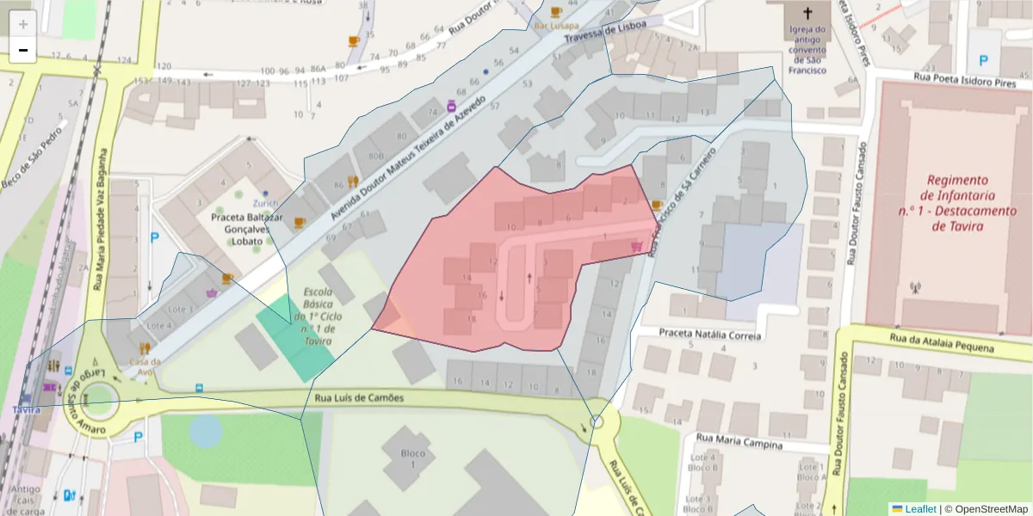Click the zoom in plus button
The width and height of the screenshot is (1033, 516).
[23, 25]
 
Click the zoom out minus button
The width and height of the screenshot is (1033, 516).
[23, 51]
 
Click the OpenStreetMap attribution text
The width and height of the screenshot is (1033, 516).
[986, 508]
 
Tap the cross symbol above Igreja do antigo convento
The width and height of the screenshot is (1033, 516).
[807, 13]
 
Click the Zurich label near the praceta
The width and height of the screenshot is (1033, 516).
[265, 203]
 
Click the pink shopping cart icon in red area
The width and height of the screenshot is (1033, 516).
[636, 247]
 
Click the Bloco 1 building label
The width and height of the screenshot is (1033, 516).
[413, 458]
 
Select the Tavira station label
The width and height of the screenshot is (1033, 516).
[26, 409]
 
